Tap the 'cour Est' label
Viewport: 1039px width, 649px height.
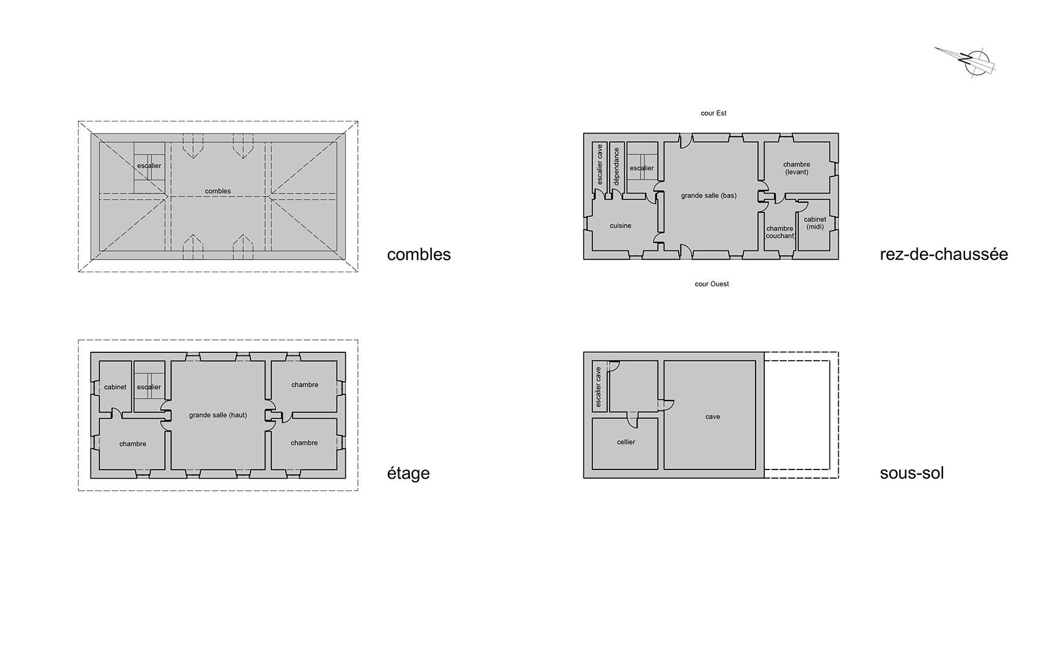(713, 113)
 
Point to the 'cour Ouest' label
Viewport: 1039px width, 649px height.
(712, 284)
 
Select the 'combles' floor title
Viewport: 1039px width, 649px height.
(419, 255)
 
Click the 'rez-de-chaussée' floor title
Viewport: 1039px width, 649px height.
(944, 254)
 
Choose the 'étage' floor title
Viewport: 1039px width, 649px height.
(408, 473)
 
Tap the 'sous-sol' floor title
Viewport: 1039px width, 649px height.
(912, 473)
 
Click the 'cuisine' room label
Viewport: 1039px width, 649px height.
(621, 226)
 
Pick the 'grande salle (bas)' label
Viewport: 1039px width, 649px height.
(709, 195)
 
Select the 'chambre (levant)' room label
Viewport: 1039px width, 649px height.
(797, 169)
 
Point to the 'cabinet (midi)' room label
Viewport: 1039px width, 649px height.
(815, 223)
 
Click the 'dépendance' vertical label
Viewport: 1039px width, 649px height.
(616, 167)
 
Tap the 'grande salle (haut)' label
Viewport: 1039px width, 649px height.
(218, 415)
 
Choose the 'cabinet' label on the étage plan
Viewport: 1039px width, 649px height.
(115, 387)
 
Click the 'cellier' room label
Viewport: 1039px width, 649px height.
(626, 442)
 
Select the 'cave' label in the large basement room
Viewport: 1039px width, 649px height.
(713, 417)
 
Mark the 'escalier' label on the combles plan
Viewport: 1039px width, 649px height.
(149, 166)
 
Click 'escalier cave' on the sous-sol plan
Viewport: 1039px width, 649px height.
(599, 387)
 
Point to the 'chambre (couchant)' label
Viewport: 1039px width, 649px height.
(780, 232)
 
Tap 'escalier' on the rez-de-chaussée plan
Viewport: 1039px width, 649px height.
(642, 169)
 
